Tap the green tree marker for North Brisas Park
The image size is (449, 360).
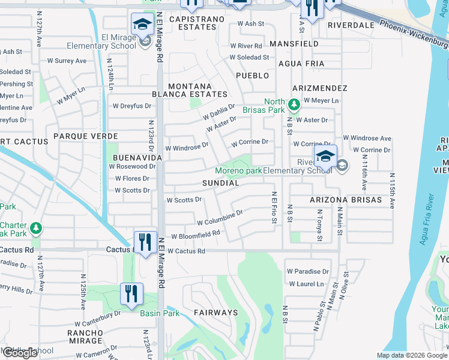[294, 105]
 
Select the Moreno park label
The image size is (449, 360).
[238, 170]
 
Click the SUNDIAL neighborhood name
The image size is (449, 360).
[220, 182]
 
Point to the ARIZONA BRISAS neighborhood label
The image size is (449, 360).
[345, 199]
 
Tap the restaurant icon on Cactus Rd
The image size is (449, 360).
[145, 242]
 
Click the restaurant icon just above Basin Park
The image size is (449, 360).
[131, 293]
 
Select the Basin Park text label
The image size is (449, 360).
[160, 313]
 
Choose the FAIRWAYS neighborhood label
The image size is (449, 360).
[215, 313]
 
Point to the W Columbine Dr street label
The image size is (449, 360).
[219, 217]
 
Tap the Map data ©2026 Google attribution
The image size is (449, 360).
[412, 355]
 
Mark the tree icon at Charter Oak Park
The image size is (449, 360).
[36, 228]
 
